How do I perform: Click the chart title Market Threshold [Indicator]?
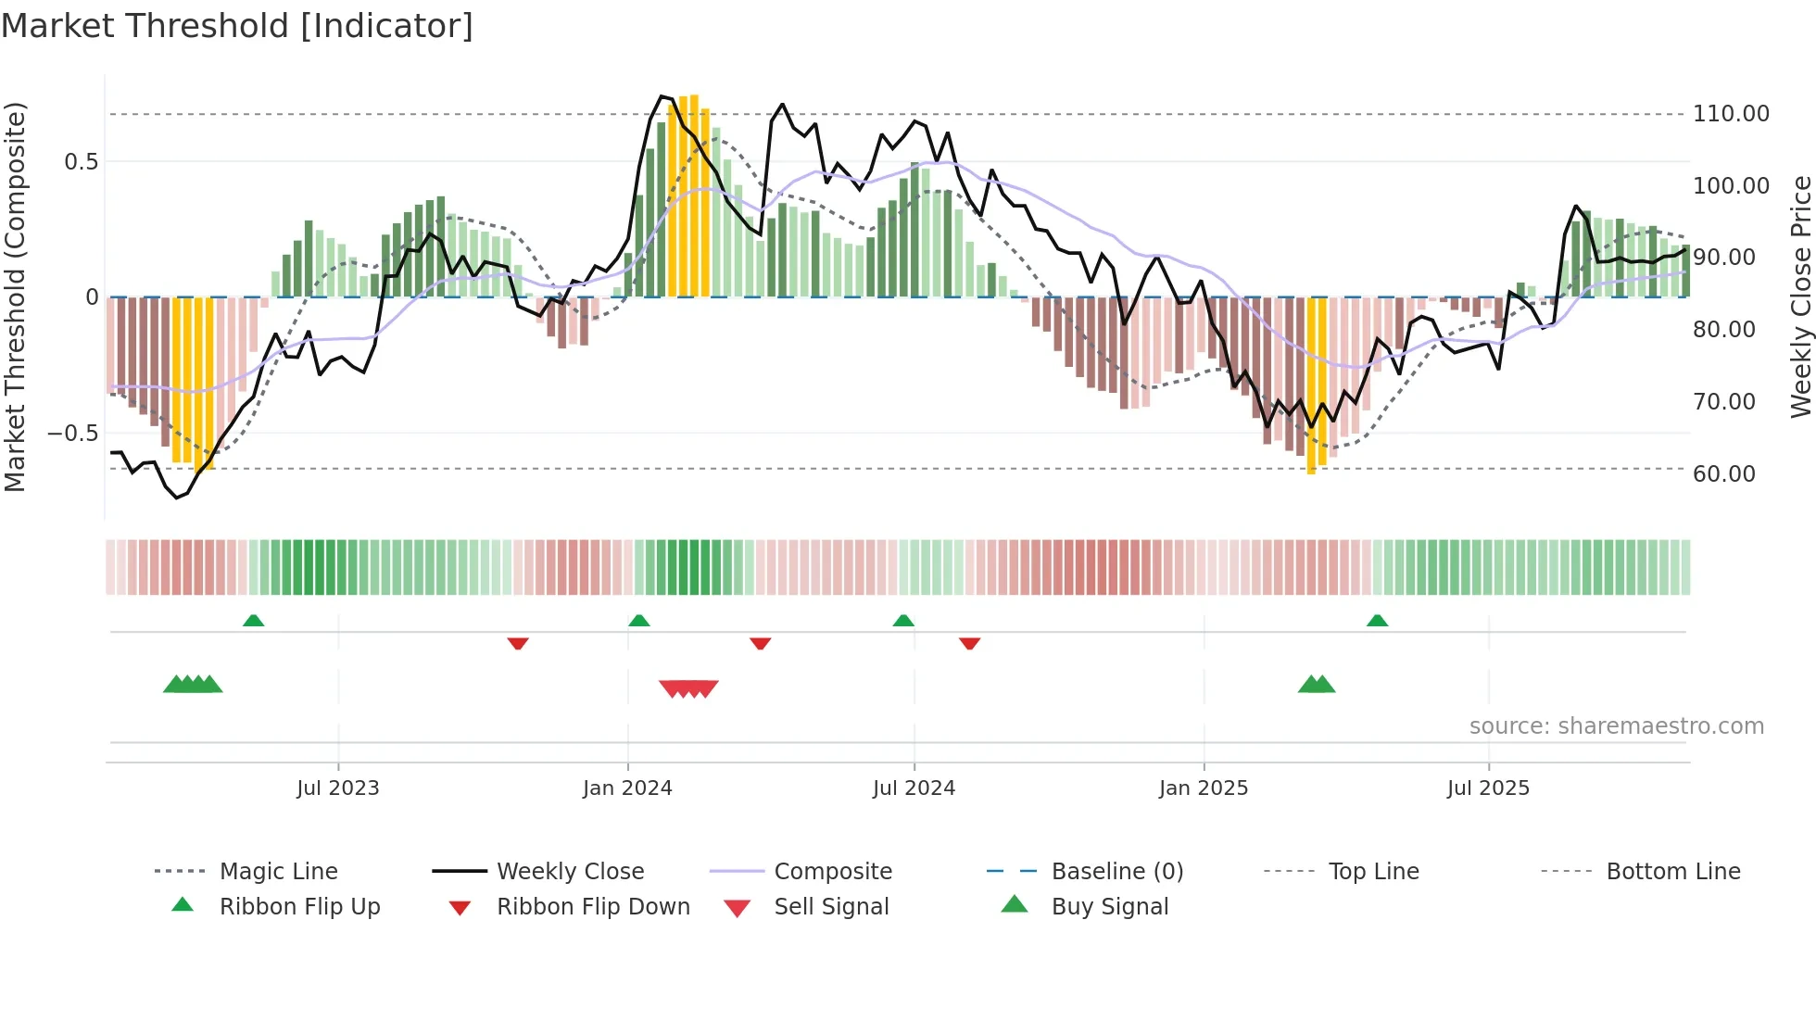(x=237, y=26)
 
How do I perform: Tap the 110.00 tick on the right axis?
(x=1730, y=114)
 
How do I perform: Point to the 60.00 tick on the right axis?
(x=1723, y=474)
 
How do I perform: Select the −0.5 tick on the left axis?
(x=72, y=434)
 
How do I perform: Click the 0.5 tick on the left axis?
(x=81, y=162)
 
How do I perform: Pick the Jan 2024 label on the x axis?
(x=627, y=788)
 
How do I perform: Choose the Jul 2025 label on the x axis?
(x=1488, y=788)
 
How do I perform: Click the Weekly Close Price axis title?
(x=1800, y=296)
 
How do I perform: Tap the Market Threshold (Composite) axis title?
(x=15, y=296)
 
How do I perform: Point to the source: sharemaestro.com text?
(x=1616, y=726)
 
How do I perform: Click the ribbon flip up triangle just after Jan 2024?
(x=638, y=621)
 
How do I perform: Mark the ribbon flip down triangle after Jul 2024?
(x=969, y=643)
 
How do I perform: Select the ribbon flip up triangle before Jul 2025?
(x=1377, y=621)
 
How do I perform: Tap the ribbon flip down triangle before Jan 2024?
(x=518, y=643)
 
